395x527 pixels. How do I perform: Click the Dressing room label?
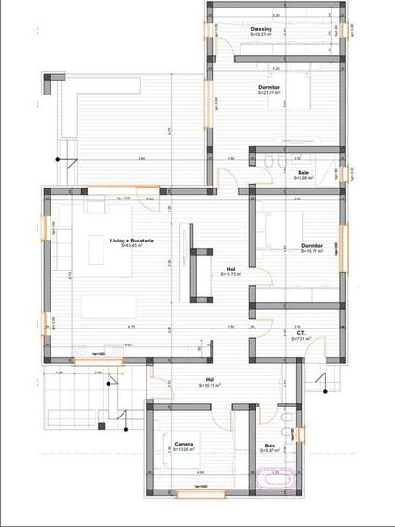click(261, 29)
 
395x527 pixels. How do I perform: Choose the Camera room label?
click(183, 444)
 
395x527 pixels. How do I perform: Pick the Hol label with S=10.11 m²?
click(211, 380)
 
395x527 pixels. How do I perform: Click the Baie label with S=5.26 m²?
click(302, 172)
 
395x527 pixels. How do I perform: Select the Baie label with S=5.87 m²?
click(270, 445)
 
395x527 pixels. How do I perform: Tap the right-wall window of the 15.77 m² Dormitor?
click(342, 246)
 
